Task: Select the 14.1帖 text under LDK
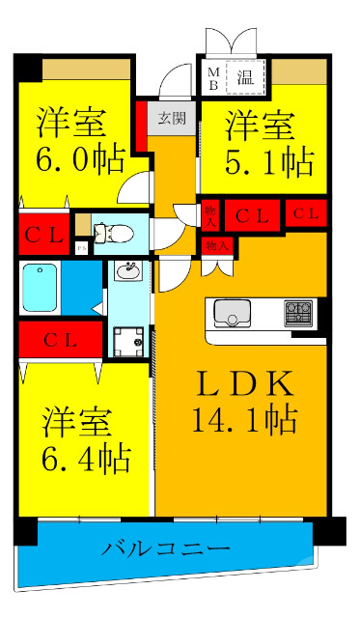pos(246,420)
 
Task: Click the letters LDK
pos(246,383)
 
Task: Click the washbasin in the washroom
pos(126,271)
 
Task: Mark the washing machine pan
pos(126,341)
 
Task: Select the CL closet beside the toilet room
pos(42,232)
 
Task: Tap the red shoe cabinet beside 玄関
pos(142,126)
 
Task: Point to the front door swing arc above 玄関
pos(174,80)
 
